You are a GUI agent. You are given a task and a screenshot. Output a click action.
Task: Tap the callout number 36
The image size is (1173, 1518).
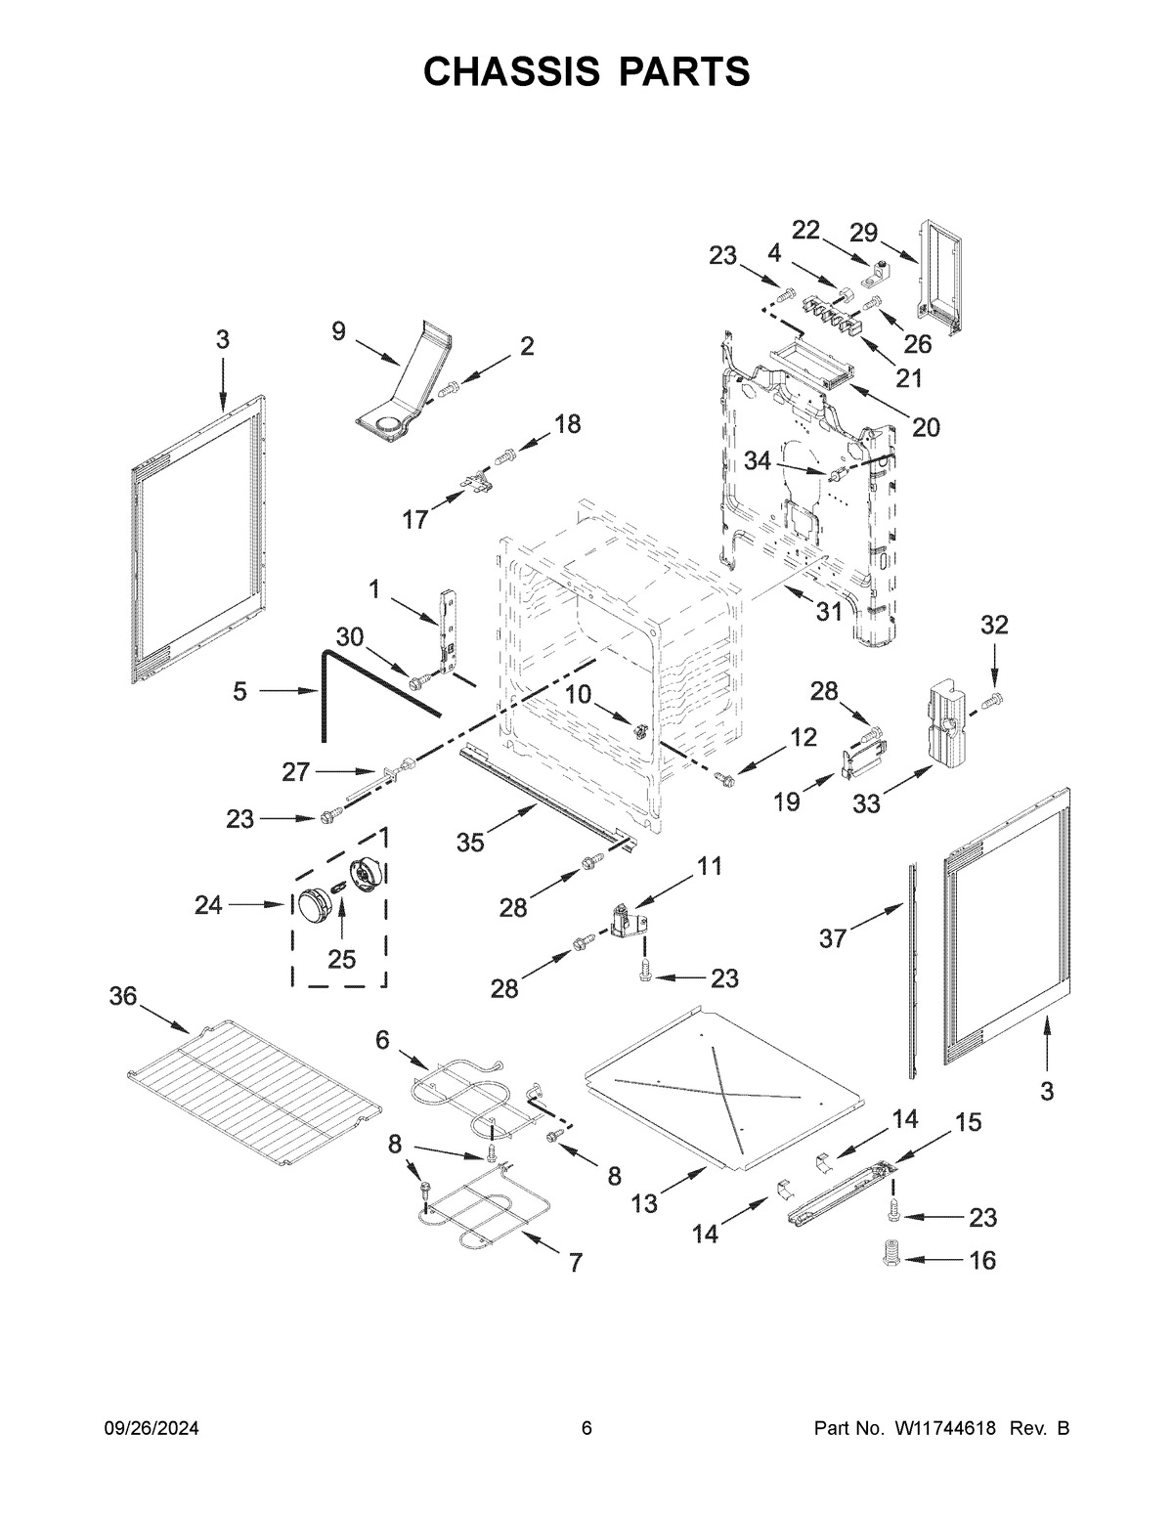[124, 996]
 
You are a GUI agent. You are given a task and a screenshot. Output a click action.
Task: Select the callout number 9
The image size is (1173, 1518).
[338, 331]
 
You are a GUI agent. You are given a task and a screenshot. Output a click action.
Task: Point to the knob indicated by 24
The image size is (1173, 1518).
[314, 904]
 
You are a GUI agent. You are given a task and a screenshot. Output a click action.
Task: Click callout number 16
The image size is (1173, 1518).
[983, 1260]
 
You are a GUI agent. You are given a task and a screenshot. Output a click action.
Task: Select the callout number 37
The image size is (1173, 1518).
[832, 938]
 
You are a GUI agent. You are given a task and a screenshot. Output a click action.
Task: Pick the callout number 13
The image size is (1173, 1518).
[644, 1204]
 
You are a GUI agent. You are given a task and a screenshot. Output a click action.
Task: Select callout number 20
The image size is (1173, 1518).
[926, 427]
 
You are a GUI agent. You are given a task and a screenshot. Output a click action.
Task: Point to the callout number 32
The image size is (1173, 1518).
[994, 626]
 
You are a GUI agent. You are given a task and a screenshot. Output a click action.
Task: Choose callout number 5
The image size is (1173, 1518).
[240, 692]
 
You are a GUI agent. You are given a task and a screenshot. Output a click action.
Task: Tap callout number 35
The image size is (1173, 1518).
[470, 842]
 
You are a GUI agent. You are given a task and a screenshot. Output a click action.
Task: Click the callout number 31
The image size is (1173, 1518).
[829, 612]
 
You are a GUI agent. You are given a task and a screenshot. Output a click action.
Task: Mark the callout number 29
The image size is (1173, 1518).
[863, 233]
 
